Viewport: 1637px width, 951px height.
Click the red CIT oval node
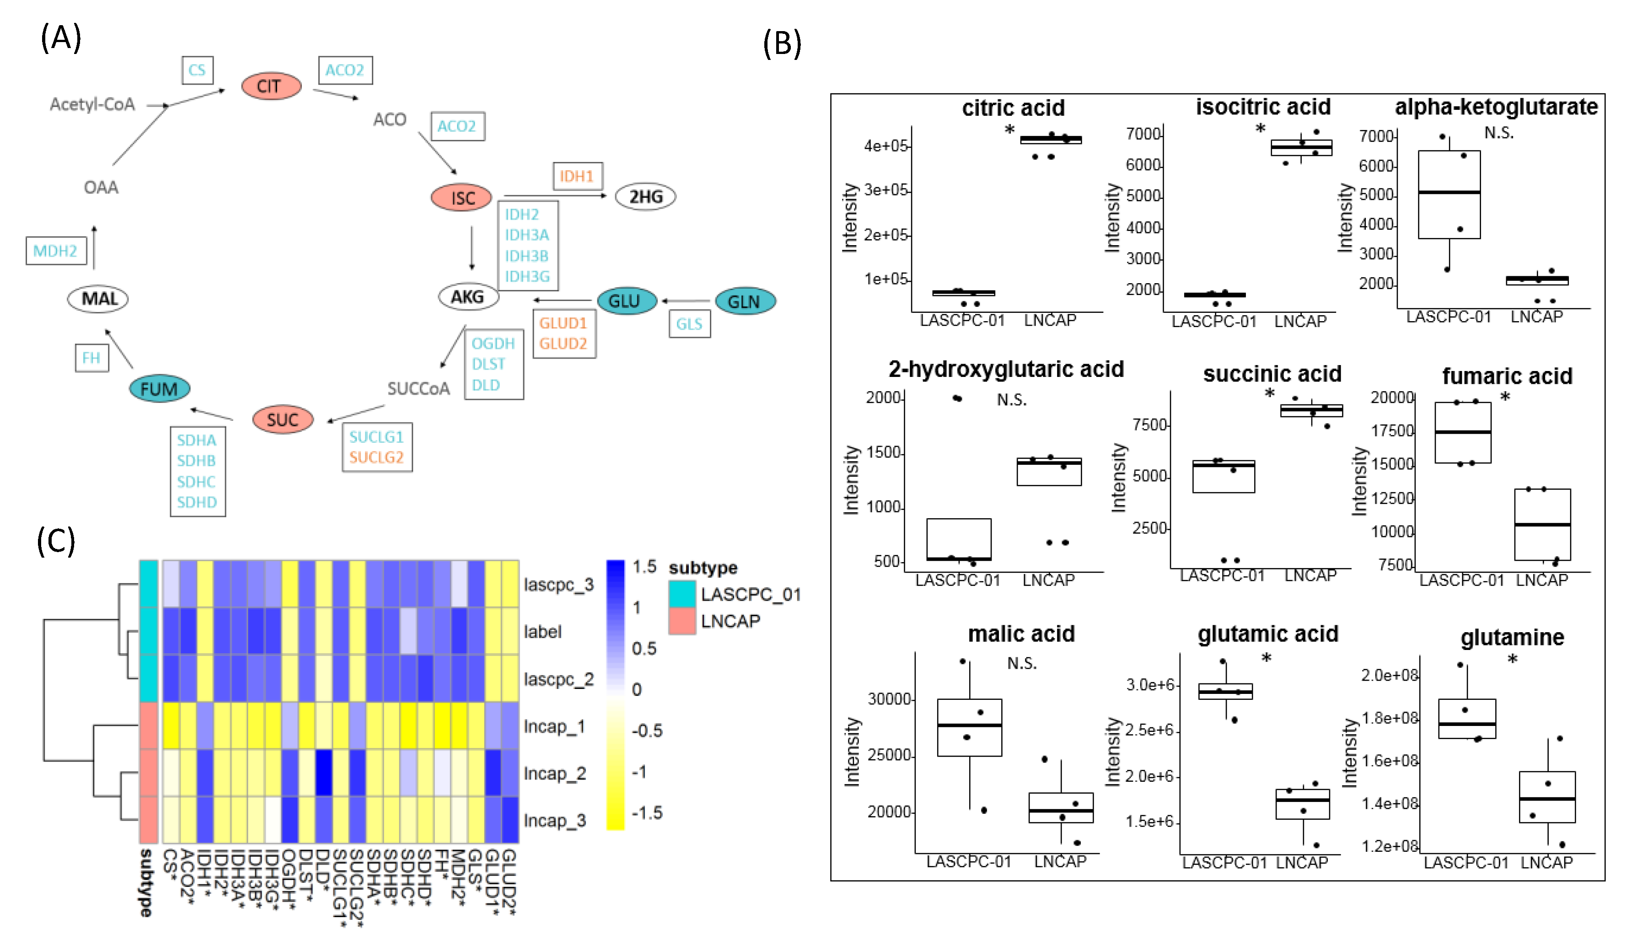click(x=271, y=86)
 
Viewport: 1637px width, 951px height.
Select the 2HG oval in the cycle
click(x=644, y=196)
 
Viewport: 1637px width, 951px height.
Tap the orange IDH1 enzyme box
click(x=577, y=176)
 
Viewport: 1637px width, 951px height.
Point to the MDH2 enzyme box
click(x=56, y=251)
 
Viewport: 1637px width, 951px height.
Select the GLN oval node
click(x=745, y=301)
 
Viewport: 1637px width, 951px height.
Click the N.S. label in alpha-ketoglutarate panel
click(x=1498, y=133)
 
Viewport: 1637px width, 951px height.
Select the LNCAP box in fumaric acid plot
click(x=1542, y=524)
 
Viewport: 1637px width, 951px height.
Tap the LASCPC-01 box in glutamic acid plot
click(x=1225, y=691)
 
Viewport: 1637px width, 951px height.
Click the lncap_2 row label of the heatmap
click(x=555, y=773)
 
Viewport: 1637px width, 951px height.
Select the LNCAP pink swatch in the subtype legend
click(x=682, y=621)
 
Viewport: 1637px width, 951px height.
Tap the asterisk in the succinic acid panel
click(x=1269, y=394)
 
